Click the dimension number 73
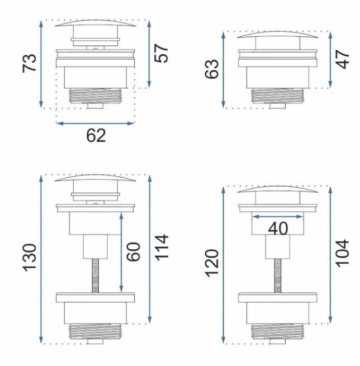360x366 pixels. point(30,63)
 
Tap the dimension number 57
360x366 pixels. point(161,53)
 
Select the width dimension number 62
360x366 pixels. point(96,135)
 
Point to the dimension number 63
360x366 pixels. point(212,69)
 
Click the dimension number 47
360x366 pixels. point(343,59)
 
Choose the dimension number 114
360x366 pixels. point(162,247)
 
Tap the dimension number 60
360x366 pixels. point(133,251)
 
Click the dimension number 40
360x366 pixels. point(278,229)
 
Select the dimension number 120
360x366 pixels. point(212,263)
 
